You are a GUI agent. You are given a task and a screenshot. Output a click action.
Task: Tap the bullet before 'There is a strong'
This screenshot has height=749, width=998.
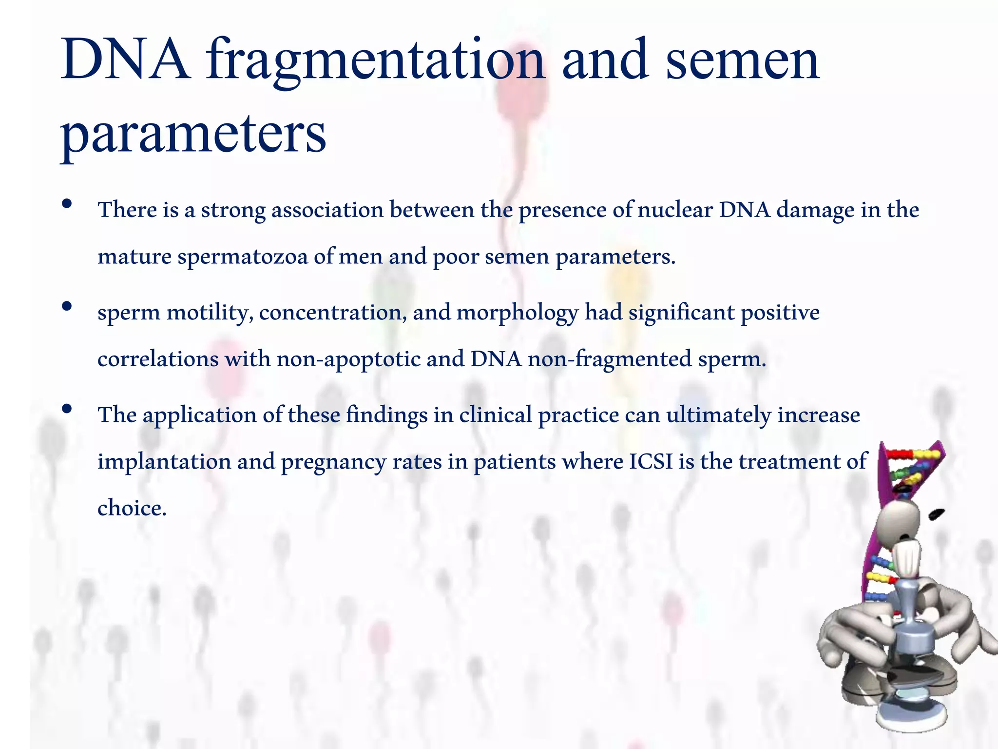(67, 204)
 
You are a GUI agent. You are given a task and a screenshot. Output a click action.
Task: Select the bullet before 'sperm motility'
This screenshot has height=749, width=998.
(67, 306)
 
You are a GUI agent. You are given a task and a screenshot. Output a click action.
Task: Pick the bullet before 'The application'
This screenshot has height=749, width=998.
(67, 409)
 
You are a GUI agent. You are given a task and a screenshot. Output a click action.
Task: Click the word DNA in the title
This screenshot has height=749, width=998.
(125, 61)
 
